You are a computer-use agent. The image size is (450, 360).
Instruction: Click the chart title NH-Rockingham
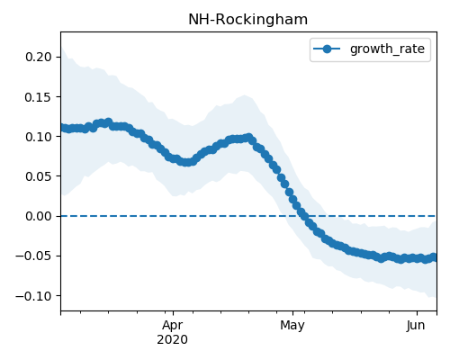[247, 20]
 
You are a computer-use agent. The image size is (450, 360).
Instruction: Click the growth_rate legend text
[387, 49]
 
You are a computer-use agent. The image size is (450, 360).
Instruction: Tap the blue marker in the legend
[327, 49]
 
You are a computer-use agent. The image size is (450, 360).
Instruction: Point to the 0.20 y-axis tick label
[39, 57]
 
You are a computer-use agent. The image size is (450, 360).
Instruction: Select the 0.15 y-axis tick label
[39, 97]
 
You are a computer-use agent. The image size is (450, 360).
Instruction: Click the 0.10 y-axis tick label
[39, 137]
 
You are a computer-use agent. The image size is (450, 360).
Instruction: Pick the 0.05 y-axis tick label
[39, 176]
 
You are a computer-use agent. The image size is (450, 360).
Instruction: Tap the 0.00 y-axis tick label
[39, 216]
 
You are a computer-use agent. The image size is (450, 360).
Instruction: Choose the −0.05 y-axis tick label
[34, 256]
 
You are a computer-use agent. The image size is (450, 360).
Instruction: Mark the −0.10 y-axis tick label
[34, 296]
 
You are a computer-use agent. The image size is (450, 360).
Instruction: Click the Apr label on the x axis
[173, 326]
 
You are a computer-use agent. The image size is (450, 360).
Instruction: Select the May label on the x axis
[292, 326]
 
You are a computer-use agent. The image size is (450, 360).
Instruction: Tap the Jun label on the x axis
[416, 326]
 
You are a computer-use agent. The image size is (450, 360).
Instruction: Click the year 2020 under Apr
[173, 339]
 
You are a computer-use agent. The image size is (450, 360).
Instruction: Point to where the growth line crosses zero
[303, 216]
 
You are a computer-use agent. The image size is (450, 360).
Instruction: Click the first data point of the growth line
[62, 128]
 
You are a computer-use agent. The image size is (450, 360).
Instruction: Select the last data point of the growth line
[434, 257]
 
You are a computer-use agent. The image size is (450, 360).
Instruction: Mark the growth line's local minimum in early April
[186, 162]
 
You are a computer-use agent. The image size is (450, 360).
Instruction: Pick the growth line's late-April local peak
[248, 138]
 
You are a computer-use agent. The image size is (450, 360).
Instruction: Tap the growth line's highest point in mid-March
[108, 121]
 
